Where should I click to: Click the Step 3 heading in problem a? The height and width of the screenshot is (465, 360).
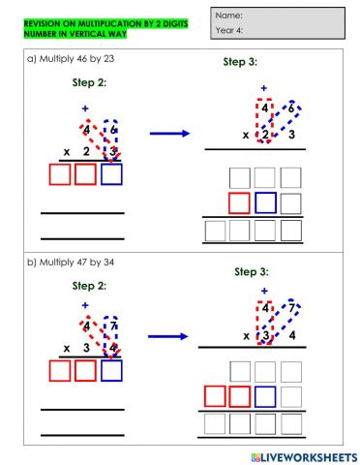coord(239,63)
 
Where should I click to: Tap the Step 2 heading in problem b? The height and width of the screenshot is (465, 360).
coord(89,286)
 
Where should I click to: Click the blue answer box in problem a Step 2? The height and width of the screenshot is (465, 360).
coord(112,175)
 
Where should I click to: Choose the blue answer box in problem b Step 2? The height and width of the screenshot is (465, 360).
coord(112,377)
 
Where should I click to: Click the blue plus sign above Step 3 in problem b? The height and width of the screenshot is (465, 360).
coord(262,290)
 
